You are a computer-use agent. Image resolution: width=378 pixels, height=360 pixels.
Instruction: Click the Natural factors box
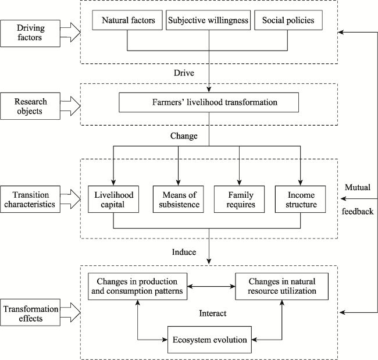127,20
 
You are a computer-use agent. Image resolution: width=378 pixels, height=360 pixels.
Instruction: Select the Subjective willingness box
208,20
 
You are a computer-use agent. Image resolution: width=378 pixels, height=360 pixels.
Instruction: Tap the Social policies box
288,20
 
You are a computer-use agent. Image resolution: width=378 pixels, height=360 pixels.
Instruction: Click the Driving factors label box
30,33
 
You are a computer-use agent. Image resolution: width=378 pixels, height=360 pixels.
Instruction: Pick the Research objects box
30,106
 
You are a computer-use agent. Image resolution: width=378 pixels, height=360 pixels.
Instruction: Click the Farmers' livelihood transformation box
209,102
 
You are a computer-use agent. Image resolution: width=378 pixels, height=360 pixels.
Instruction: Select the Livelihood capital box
113,199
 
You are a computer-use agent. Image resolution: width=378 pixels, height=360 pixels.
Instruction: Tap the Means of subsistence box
179,199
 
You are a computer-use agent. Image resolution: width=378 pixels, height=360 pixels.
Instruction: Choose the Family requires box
240,199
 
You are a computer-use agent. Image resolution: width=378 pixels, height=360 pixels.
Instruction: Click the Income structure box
301,199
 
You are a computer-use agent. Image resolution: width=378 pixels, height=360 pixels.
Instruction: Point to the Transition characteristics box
30,199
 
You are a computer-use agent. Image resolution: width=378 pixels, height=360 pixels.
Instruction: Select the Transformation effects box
30,312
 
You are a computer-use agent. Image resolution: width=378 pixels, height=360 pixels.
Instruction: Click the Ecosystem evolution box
209,340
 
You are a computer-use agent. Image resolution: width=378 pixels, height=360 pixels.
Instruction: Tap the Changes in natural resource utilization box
282,287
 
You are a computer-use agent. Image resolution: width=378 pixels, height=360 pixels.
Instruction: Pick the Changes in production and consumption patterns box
137,287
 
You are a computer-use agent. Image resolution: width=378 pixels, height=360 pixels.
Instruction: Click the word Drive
184,73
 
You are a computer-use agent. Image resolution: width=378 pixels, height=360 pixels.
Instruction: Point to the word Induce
184,252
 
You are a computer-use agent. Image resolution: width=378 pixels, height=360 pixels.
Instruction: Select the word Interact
213,313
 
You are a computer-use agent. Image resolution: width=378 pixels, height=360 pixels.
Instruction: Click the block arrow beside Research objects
70,106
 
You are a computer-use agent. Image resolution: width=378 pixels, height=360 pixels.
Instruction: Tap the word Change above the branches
184,136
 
